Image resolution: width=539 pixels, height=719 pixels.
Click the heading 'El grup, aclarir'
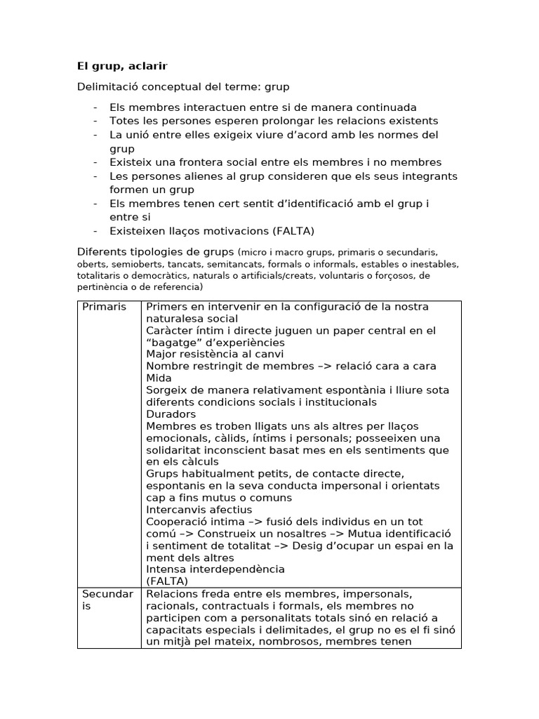[x=122, y=66]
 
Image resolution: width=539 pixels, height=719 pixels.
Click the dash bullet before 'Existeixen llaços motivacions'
[x=95, y=230]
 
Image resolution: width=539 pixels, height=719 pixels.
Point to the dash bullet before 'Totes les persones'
[x=95, y=121]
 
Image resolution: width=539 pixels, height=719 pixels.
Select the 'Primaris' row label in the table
[x=105, y=307]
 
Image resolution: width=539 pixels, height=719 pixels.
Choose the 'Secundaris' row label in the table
[x=107, y=600]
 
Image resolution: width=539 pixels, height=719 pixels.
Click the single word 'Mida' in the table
[x=159, y=378]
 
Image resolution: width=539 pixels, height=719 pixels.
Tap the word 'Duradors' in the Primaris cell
[x=171, y=414]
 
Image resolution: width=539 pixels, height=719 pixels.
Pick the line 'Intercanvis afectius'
[x=199, y=510]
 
